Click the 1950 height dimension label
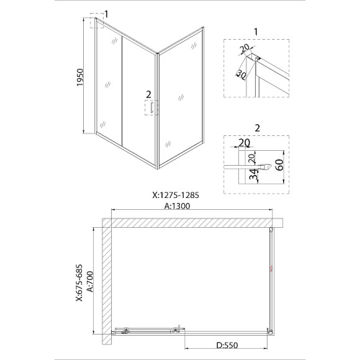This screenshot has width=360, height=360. click(x=80, y=78)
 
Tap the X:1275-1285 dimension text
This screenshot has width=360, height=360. click(x=176, y=195)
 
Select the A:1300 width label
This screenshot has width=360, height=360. click(x=178, y=206)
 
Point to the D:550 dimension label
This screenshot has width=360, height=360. click(x=227, y=345)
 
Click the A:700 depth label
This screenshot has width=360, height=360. click(x=90, y=281)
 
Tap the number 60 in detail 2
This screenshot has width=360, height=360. click(x=279, y=164)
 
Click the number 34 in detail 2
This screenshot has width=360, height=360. click(x=253, y=174)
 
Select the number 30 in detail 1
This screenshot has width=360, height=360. click(x=241, y=74)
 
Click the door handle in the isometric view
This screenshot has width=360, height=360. click(x=151, y=107)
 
